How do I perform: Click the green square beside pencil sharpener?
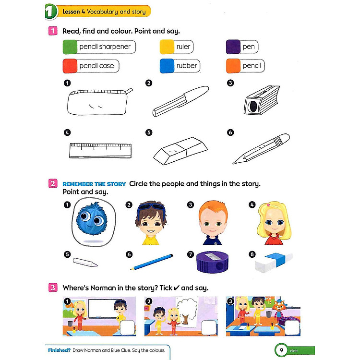tap(70, 47)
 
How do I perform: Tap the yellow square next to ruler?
tap(167, 47)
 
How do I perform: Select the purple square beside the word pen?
tap(233, 47)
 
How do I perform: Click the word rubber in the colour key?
tap(186, 66)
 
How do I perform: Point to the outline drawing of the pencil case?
tap(99, 102)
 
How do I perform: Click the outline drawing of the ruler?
tap(100, 151)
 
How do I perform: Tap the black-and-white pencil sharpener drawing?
tap(262, 100)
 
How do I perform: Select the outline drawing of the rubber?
tap(180, 151)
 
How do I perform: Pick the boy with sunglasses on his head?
tap(151, 223)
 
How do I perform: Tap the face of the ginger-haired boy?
tap(213, 222)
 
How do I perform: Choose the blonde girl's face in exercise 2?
tap(274, 223)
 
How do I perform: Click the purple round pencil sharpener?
tap(212, 262)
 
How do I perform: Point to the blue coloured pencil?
tap(151, 262)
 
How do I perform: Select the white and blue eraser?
tap(274, 262)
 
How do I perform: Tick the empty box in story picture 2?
tap(209, 328)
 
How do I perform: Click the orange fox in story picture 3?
tap(278, 308)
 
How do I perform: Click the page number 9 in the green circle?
tap(281, 350)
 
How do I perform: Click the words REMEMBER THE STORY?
tap(94, 184)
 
